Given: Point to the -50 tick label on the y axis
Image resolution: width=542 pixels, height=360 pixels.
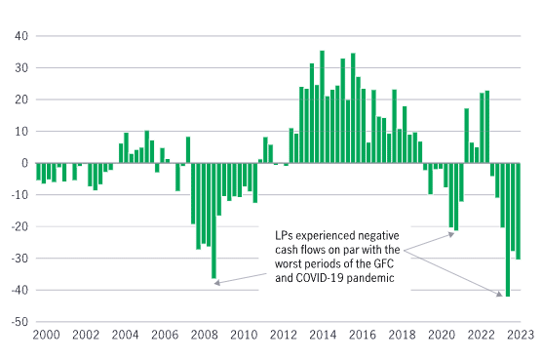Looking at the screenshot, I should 16,322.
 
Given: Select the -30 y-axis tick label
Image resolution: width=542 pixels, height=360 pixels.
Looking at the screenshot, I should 16,259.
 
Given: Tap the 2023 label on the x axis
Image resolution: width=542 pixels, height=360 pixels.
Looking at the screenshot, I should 521,335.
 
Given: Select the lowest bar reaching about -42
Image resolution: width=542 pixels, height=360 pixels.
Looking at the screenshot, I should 508,229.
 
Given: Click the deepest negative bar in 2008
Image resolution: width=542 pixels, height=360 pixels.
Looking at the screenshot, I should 213,220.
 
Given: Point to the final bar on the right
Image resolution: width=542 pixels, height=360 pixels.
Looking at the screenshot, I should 518,211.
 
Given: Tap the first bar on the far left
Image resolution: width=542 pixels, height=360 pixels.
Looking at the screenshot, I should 38,172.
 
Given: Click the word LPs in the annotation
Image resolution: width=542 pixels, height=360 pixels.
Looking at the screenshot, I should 285,235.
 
